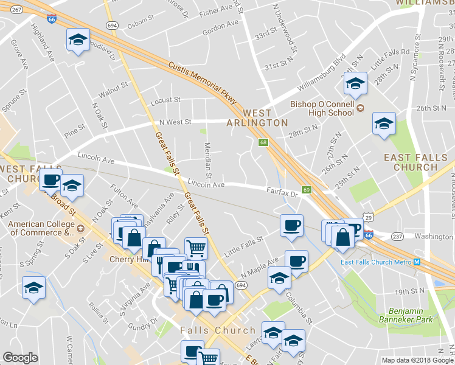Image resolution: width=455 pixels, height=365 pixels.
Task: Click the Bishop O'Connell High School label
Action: [x=322, y=108]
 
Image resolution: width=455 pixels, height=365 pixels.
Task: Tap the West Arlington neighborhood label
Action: [x=265, y=118]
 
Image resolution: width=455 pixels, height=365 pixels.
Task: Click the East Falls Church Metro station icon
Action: [x=417, y=262]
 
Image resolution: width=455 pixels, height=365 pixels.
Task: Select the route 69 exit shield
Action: [x=307, y=190]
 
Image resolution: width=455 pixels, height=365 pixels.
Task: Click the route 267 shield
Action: [x=16, y=10]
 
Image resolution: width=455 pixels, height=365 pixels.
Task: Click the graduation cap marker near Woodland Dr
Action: [x=78, y=40]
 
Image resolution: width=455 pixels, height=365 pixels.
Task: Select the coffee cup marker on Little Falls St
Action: [x=291, y=226]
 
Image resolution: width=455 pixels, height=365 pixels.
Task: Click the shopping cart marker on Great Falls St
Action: [x=196, y=248]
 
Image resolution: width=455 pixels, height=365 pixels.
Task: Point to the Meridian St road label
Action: [x=209, y=159]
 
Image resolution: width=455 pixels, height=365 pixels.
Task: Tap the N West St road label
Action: [x=175, y=122]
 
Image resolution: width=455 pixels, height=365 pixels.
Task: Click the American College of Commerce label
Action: [x=40, y=228]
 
